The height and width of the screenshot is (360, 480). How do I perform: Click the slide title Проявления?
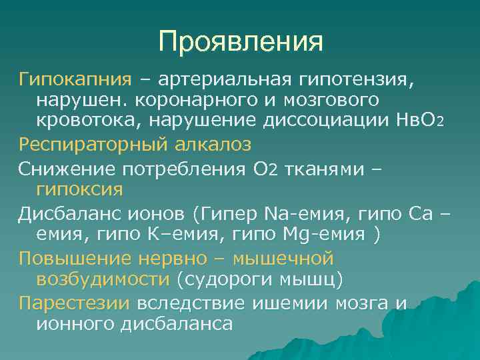click(241, 41)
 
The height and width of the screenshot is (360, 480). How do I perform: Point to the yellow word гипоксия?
click(78, 189)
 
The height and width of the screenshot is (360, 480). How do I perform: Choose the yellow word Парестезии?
click(74, 303)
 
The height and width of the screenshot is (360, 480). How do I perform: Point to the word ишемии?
click(291, 303)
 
